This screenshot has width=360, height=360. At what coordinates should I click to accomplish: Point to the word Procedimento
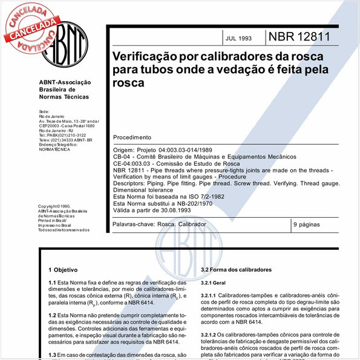(133, 137)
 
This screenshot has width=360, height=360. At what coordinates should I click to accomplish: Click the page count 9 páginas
(310, 224)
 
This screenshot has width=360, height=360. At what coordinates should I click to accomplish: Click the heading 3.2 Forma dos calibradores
(237, 269)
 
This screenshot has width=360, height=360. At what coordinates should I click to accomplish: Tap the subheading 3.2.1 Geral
(215, 282)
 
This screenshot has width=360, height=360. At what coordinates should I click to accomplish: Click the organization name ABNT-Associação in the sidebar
(65, 82)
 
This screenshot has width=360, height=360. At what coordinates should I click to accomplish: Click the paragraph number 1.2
(52, 316)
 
